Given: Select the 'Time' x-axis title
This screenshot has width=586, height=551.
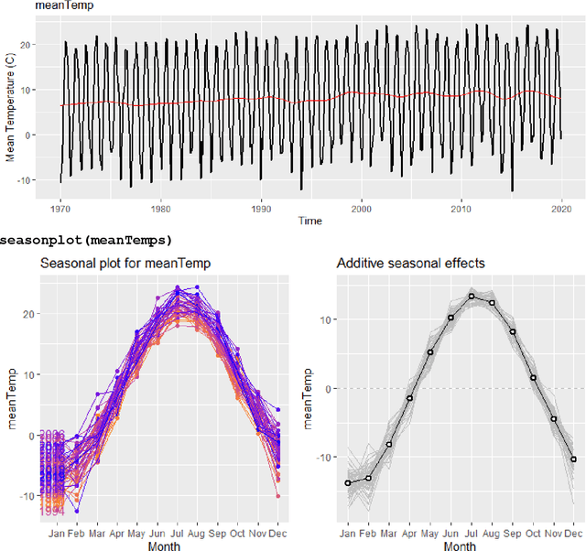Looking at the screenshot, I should (310, 221).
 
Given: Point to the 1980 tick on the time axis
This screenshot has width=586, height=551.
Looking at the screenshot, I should (161, 207).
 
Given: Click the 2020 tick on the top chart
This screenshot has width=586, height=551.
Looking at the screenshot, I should (561, 207).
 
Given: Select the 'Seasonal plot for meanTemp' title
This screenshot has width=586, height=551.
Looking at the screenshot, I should (124, 264).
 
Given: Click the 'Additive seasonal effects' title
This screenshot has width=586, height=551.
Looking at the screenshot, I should (410, 264).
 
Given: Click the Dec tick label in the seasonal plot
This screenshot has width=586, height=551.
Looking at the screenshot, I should (278, 533).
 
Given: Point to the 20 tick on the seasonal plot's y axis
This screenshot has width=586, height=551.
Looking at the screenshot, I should (25, 313).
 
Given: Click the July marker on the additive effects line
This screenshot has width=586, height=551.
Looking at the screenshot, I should (472, 296).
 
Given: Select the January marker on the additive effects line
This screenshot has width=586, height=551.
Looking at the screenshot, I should (348, 482).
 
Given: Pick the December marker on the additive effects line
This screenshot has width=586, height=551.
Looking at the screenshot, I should (574, 459).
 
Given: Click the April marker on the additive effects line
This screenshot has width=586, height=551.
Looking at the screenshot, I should (409, 398).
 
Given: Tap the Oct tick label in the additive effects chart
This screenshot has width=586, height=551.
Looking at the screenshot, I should (534, 533).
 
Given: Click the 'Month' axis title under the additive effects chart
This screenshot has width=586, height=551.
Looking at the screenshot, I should (461, 546).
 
